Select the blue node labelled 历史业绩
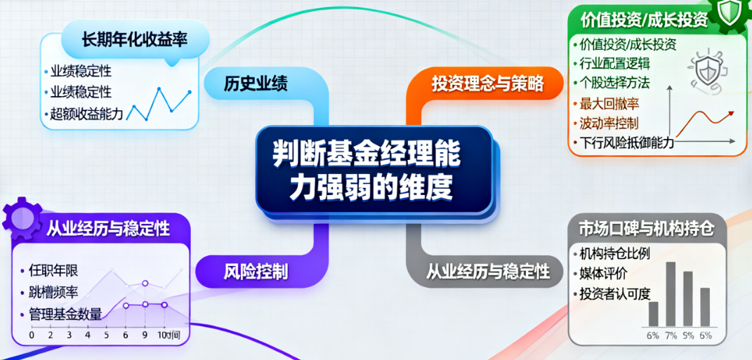[x=256, y=84]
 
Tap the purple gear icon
[x=21, y=218]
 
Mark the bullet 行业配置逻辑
[x=615, y=64]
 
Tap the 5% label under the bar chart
[x=688, y=336]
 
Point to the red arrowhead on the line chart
[x=732, y=112]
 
